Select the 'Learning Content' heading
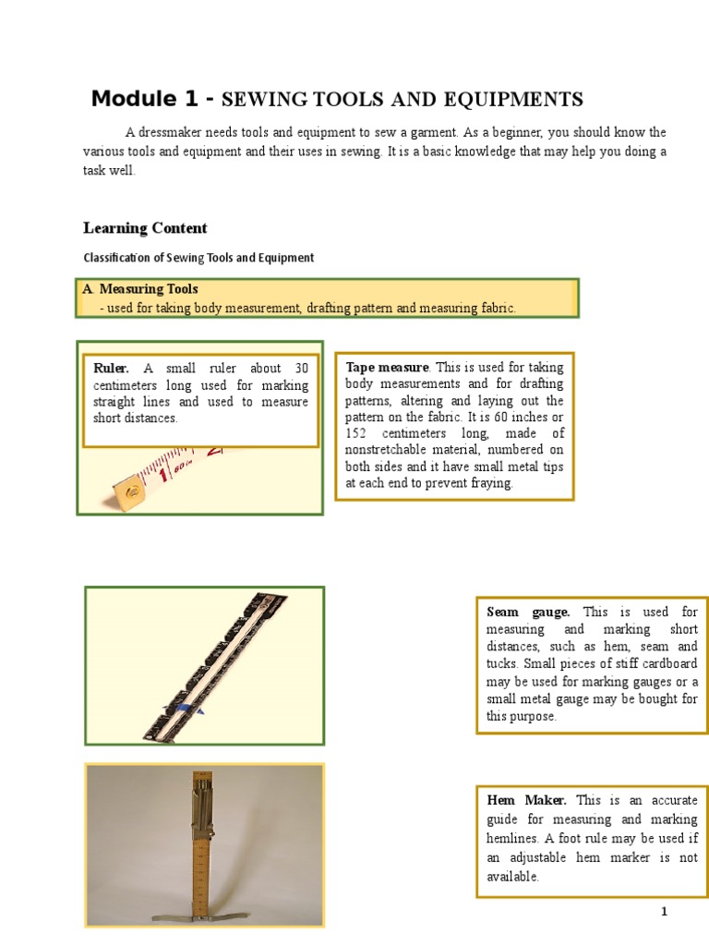145,228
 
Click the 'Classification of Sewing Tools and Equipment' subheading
198,258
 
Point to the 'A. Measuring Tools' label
140,289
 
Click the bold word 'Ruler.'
112,369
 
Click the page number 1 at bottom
663,913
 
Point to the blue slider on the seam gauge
189,708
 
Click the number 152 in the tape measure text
357,433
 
